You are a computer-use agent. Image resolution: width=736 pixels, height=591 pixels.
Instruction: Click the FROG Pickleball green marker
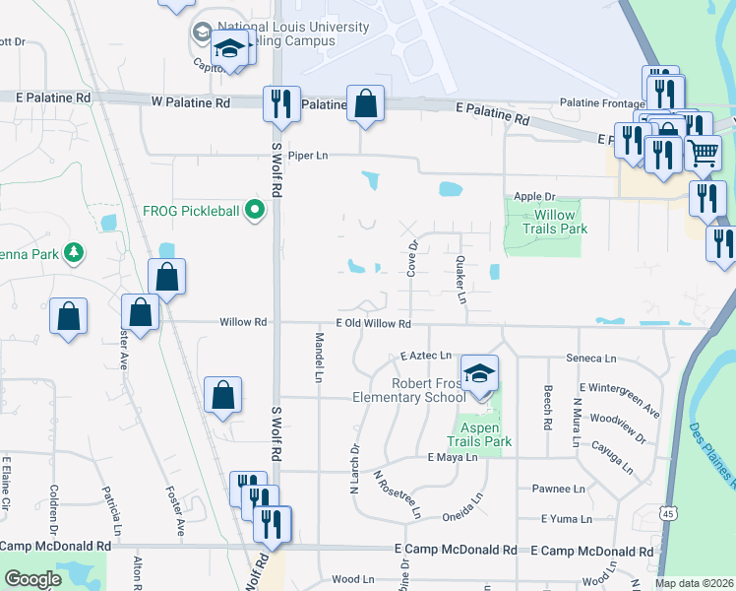[256, 209]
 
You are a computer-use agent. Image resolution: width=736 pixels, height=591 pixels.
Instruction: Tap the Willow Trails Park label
[548, 222]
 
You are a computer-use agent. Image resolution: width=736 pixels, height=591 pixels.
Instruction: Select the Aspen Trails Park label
[479, 434]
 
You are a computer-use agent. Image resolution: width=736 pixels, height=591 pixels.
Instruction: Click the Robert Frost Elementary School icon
[479, 374]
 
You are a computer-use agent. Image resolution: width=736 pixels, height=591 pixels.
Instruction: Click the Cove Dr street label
[414, 258]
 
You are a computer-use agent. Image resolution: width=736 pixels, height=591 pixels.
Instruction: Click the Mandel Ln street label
[319, 358]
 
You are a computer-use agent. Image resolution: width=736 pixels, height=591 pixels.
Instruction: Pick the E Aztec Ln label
[425, 356]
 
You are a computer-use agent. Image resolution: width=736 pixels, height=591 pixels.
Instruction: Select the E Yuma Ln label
[566, 518]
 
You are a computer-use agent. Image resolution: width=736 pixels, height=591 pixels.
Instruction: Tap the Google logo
[33, 578]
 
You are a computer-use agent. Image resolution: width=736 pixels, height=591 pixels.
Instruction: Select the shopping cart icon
[703, 152]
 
